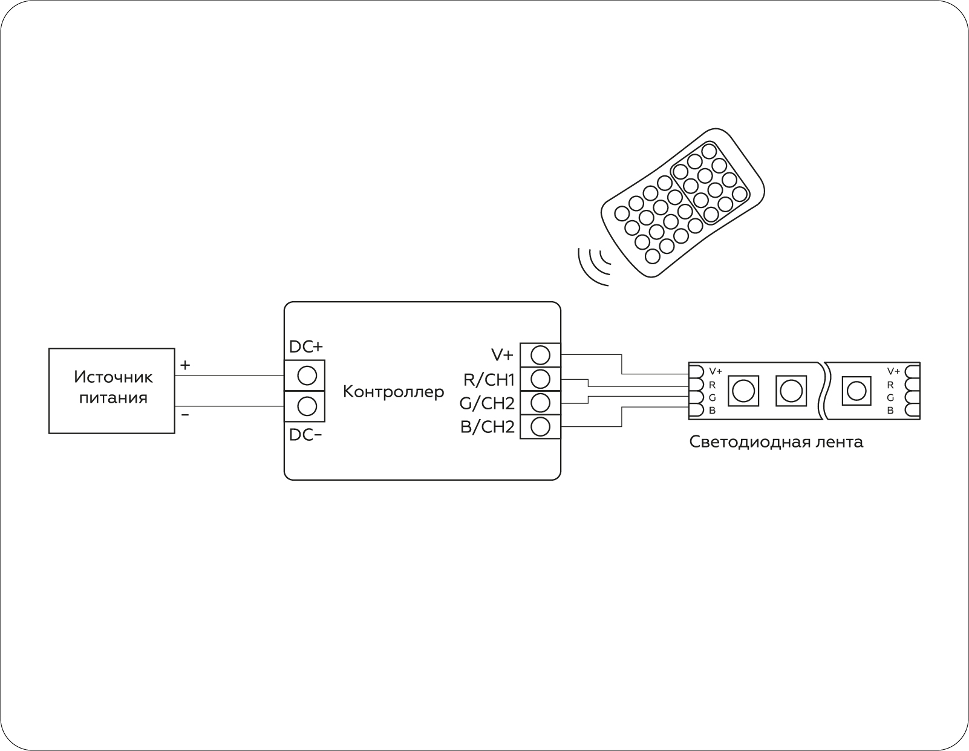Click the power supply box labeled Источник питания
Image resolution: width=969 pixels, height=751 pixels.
coord(111,391)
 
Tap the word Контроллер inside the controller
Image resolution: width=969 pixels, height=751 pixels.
coord(393,392)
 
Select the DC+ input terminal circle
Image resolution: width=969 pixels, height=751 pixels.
coord(307,375)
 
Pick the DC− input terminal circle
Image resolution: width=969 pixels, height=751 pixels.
coord(307,406)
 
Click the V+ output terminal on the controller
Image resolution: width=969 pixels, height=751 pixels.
coord(541,355)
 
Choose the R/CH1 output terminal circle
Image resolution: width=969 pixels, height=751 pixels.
coord(541,379)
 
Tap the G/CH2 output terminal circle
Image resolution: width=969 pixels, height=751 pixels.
coord(541,403)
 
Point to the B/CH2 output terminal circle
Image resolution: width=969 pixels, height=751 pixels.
coord(541,427)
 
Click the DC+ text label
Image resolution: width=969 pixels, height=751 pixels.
coord(306,346)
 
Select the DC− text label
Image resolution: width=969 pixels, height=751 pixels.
coord(305,435)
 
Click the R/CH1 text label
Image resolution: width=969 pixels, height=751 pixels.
coord(489,380)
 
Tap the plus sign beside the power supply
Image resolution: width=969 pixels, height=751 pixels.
coord(185,365)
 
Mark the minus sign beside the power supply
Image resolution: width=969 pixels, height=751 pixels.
coord(185,415)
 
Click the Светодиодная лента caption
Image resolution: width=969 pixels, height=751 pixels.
coord(776,442)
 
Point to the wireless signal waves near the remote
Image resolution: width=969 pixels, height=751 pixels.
coord(594,266)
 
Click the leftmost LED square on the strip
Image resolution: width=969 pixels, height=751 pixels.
coord(743,391)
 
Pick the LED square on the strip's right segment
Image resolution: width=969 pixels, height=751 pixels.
coord(856,391)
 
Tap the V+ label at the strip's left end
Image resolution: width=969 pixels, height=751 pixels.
coord(716,371)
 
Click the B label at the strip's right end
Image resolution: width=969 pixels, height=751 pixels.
coord(890,411)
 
